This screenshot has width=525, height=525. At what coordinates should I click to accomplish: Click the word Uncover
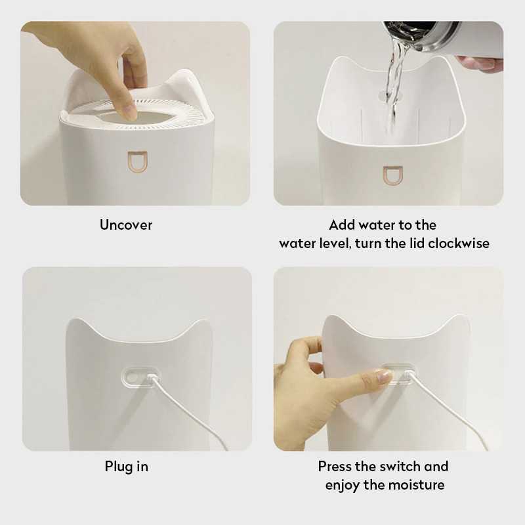126,225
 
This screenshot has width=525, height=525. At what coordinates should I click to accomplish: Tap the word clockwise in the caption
459,243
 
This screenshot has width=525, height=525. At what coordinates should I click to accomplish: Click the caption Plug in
127,467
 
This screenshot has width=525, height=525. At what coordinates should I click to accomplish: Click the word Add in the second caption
343,225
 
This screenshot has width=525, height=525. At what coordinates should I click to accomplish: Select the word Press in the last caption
335,467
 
